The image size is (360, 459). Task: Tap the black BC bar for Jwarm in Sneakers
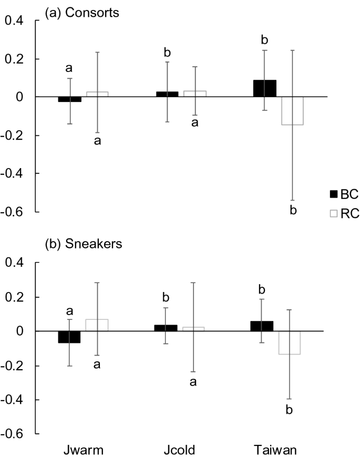click(x=69, y=337)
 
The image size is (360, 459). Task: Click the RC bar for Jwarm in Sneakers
click(x=97, y=325)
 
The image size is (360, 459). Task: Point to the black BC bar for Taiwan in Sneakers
click(x=262, y=326)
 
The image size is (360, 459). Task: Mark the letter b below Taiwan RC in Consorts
click(x=293, y=211)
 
